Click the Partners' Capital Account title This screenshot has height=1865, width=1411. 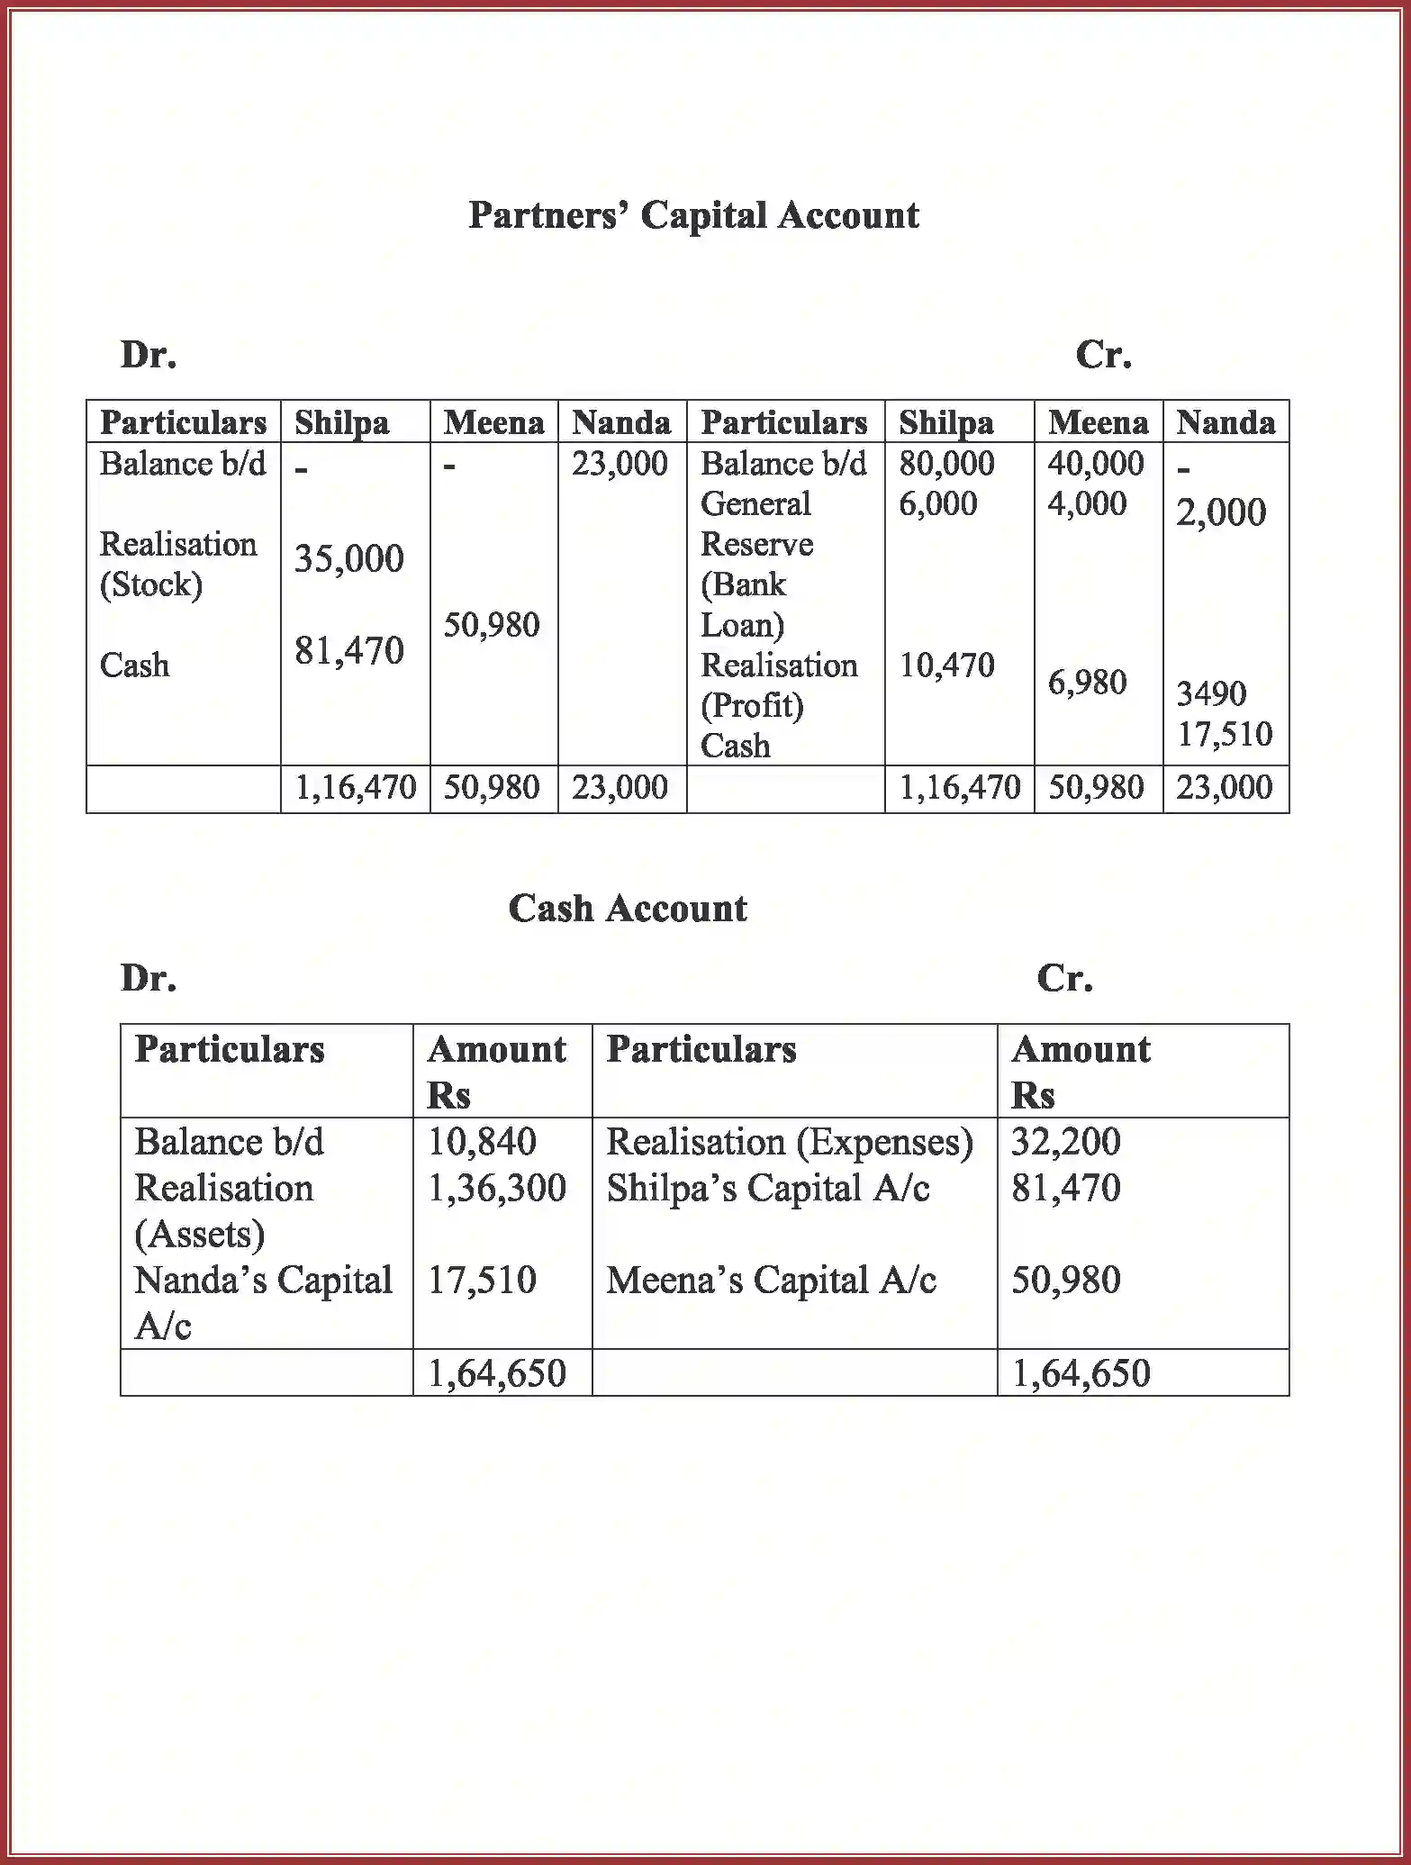[x=693, y=216]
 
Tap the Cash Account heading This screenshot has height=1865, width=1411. [x=628, y=909]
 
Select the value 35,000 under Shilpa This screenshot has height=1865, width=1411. [x=349, y=559]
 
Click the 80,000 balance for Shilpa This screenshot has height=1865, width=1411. [x=946, y=464]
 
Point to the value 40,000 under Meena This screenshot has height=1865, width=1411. [x=1095, y=464]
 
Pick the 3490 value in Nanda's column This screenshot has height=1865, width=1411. [x=1211, y=693]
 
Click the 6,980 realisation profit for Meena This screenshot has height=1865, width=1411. [x=1087, y=683]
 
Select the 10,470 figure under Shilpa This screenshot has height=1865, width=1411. [x=946, y=665]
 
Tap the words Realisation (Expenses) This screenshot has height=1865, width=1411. [x=790, y=1142]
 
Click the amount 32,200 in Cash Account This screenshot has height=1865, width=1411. [x=1066, y=1142]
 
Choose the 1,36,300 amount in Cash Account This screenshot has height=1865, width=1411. [x=497, y=1189]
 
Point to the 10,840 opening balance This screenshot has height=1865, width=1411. [x=482, y=1142]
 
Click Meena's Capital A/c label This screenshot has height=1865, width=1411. [x=771, y=1281]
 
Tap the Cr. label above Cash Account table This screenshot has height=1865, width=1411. [x=1064, y=978]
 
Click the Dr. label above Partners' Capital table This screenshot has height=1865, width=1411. [x=149, y=355]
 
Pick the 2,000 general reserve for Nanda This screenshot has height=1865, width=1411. [x=1221, y=512]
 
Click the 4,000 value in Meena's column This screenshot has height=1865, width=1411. [x=1087, y=503]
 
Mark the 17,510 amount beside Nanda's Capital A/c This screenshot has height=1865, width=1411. [x=482, y=1281]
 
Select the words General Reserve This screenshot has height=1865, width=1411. [x=756, y=523]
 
